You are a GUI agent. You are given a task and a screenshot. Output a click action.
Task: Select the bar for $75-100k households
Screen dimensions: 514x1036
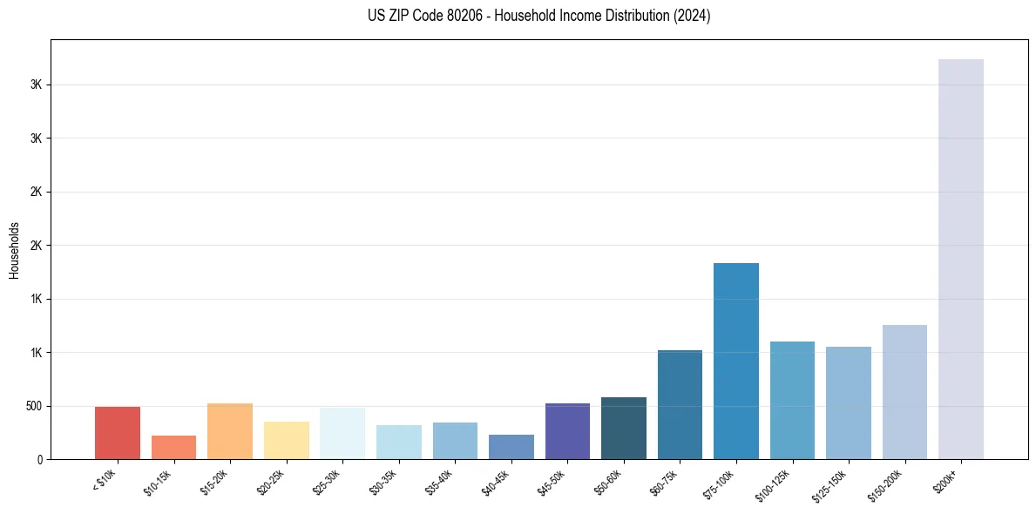(x=735, y=361)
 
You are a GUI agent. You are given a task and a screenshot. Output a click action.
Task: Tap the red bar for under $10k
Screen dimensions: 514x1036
(x=118, y=433)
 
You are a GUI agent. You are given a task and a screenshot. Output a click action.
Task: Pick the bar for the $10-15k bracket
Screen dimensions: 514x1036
(x=173, y=447)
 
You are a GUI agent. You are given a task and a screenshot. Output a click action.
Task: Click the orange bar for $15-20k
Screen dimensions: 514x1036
(x=230, y=431)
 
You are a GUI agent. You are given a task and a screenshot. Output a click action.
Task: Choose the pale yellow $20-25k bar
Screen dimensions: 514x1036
(x=286, y=440)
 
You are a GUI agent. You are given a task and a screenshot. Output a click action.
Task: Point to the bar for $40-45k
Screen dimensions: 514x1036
(x=511, y=447)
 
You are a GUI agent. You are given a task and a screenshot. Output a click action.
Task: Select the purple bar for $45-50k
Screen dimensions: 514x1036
(x=567, y=431)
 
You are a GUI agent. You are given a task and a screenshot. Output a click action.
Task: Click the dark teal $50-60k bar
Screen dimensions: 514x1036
(x=623, y=428)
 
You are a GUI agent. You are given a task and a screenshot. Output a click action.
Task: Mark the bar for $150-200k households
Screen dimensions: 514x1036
(x=904, y=392)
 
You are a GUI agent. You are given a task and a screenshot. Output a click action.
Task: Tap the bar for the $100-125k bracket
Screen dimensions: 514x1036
(x=792, y=400)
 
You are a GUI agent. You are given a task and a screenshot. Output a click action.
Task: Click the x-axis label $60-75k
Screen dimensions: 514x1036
(x=665, y=481)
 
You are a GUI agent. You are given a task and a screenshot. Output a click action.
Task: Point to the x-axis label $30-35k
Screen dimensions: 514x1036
(x=383, y=481)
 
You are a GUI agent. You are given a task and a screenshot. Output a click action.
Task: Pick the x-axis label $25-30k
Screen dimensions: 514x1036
(x=327, y=481)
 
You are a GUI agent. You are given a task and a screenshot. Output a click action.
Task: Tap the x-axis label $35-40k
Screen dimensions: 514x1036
(x=440, y=481)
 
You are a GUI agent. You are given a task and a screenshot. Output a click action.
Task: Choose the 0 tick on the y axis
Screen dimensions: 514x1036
(x=38, y=459)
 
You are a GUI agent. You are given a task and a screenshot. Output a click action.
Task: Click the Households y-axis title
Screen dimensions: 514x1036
(x=14, y=249)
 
